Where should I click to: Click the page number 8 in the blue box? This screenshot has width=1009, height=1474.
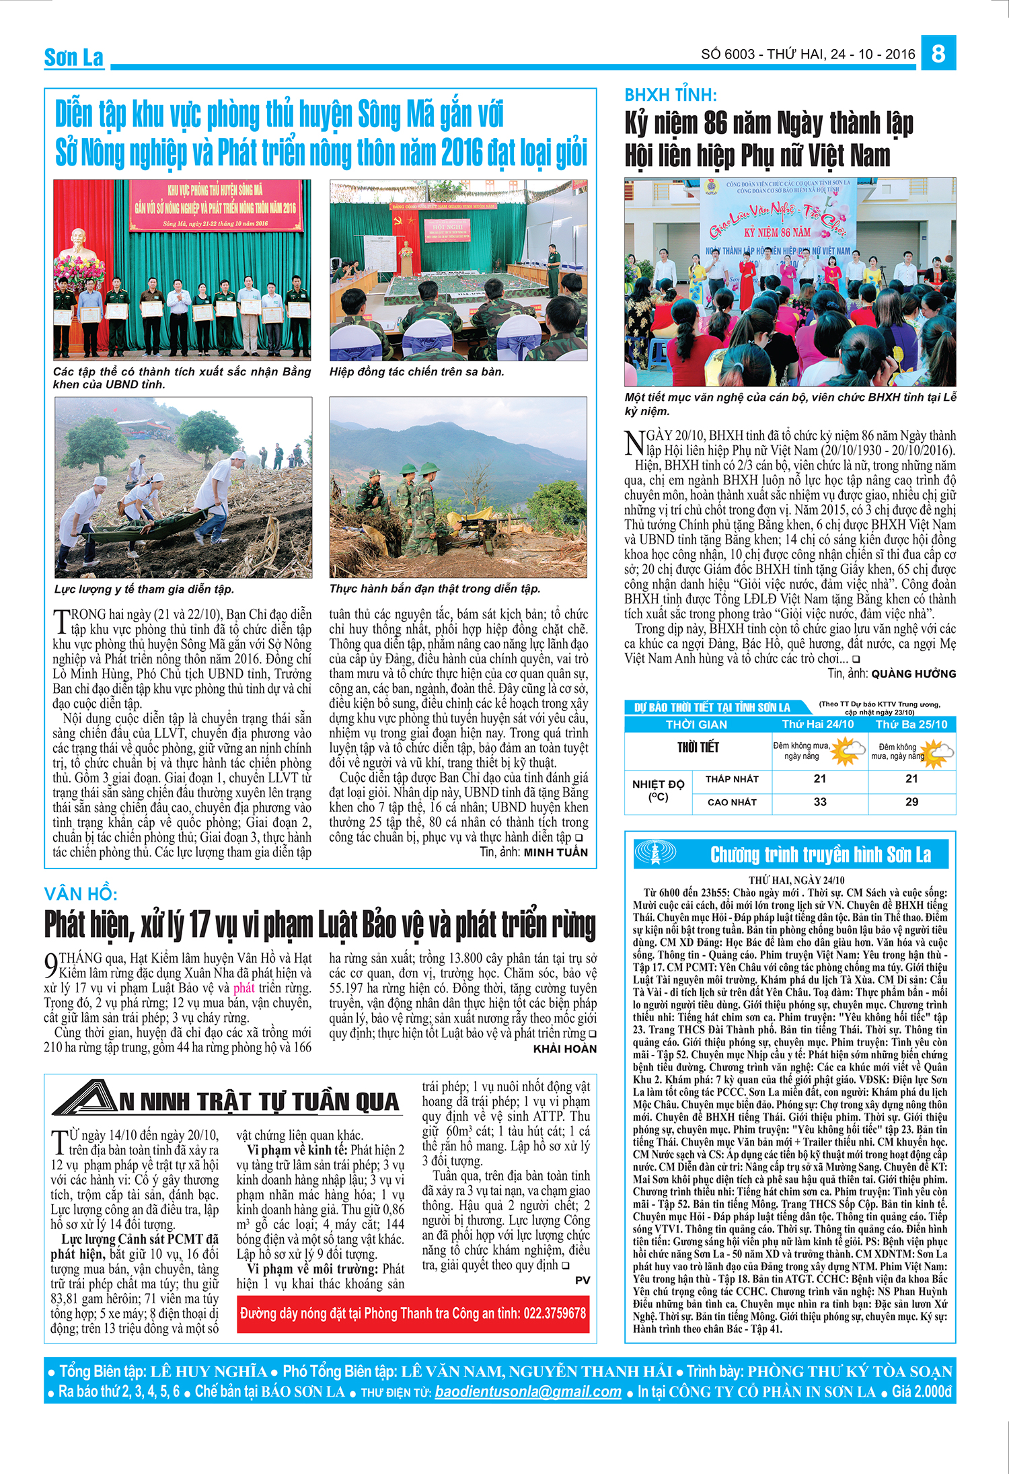click(x=938, y=52)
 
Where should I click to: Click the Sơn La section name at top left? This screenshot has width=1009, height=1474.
click(x=74, y=58)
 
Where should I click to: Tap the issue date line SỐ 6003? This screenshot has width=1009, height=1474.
click(x=807, y=54)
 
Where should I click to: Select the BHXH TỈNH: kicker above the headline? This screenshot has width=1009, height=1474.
click(x=671, y=95)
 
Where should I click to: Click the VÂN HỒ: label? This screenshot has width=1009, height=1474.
click(x=81, y=894)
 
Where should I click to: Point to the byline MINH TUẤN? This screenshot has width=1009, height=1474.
click(x=556, y=852)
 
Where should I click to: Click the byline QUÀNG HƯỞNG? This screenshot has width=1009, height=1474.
click(x=913, y=673)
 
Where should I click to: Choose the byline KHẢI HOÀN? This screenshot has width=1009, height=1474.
click(x=565, y=1049)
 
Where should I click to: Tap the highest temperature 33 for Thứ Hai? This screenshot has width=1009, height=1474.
click(x=819, y=802)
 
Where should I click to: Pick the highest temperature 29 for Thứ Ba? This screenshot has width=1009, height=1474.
click(x=911, y=802)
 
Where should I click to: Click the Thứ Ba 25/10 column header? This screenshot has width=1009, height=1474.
click(x=911, y=725)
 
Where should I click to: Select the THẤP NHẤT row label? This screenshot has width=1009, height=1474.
click(x=732, y=779)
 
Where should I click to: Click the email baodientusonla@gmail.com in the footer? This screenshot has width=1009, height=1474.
click(x=528, y=1392)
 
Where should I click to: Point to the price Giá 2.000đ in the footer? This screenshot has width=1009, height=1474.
click(x=922, y=1392)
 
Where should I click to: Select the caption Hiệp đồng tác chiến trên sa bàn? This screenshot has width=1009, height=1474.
click(x=416, y=372)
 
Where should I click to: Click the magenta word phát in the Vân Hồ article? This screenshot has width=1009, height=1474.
click(x=244, y=988)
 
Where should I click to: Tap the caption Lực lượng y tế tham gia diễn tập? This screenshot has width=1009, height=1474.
click(x=144, y=589)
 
